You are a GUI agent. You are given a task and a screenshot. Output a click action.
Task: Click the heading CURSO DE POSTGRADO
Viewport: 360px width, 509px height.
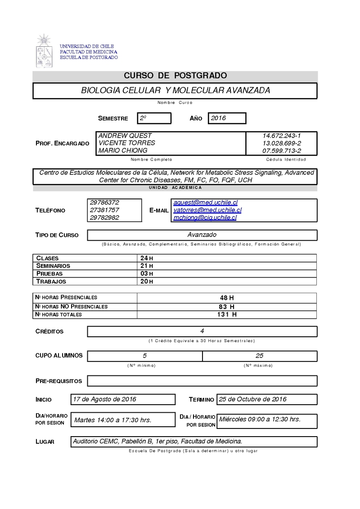pos(175,76)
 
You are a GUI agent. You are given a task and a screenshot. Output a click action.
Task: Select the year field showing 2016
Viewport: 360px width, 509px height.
pos(227,118)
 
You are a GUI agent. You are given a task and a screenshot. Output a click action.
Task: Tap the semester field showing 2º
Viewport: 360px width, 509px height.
pos(154,118)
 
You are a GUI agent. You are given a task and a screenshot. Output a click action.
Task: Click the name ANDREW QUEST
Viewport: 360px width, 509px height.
pos(125,136)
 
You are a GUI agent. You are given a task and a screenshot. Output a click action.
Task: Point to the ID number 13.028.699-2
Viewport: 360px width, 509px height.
pos(282,143)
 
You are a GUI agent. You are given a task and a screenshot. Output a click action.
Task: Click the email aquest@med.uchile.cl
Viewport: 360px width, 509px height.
pos(205,203)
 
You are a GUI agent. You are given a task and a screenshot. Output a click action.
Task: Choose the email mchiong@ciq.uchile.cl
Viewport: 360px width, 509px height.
pos(205,218)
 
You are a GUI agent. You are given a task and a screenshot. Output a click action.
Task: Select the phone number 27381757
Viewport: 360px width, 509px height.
pos(104,210)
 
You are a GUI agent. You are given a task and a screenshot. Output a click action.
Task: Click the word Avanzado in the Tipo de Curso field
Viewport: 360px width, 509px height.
pos(202,235)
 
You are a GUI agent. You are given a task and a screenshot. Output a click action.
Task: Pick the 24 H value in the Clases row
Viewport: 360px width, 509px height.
pos(147,259)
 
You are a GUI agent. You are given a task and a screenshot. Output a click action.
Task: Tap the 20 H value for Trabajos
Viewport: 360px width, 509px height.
pos(147,281)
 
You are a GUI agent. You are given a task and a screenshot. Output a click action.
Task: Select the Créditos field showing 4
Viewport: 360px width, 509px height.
pos(202,331)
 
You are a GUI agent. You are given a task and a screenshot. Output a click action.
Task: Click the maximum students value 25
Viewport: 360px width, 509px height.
pos(259,356)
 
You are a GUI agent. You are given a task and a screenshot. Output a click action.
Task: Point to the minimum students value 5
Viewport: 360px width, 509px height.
pos(144,356)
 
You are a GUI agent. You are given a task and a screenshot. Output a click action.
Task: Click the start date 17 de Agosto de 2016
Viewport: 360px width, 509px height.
pos(104,399)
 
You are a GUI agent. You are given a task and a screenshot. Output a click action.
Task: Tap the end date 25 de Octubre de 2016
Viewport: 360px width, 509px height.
pos(252,399)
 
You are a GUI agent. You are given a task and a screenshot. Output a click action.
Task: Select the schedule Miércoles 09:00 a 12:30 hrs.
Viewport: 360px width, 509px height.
pos(260,420)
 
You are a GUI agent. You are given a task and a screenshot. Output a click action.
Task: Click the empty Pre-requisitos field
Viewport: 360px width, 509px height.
pos(202,381)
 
